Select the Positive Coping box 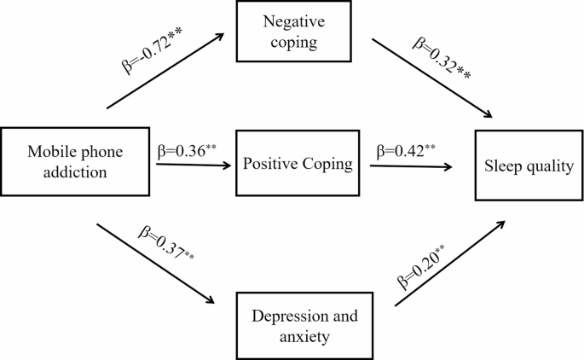coord(296,164)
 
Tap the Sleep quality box coord(524,165)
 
